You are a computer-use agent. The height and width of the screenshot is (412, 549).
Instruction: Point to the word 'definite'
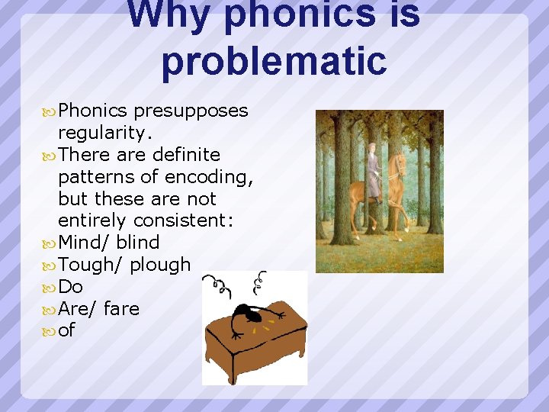click(186, 155)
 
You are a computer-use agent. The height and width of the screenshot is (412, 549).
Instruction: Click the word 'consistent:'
click(183, 220)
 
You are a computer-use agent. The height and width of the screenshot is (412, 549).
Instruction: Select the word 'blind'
click(138, 243)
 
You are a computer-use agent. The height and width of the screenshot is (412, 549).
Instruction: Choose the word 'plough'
click(160, 266)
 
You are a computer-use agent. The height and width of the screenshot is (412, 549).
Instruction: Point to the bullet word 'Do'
click(70, 287)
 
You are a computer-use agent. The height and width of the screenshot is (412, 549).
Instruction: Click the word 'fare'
click(121, 309)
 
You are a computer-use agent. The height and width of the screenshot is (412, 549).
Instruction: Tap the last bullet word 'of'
click(67, 331)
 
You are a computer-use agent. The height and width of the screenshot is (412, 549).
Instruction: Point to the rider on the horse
click(373, 172)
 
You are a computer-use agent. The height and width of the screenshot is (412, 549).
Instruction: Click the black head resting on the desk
click(247, 313)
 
